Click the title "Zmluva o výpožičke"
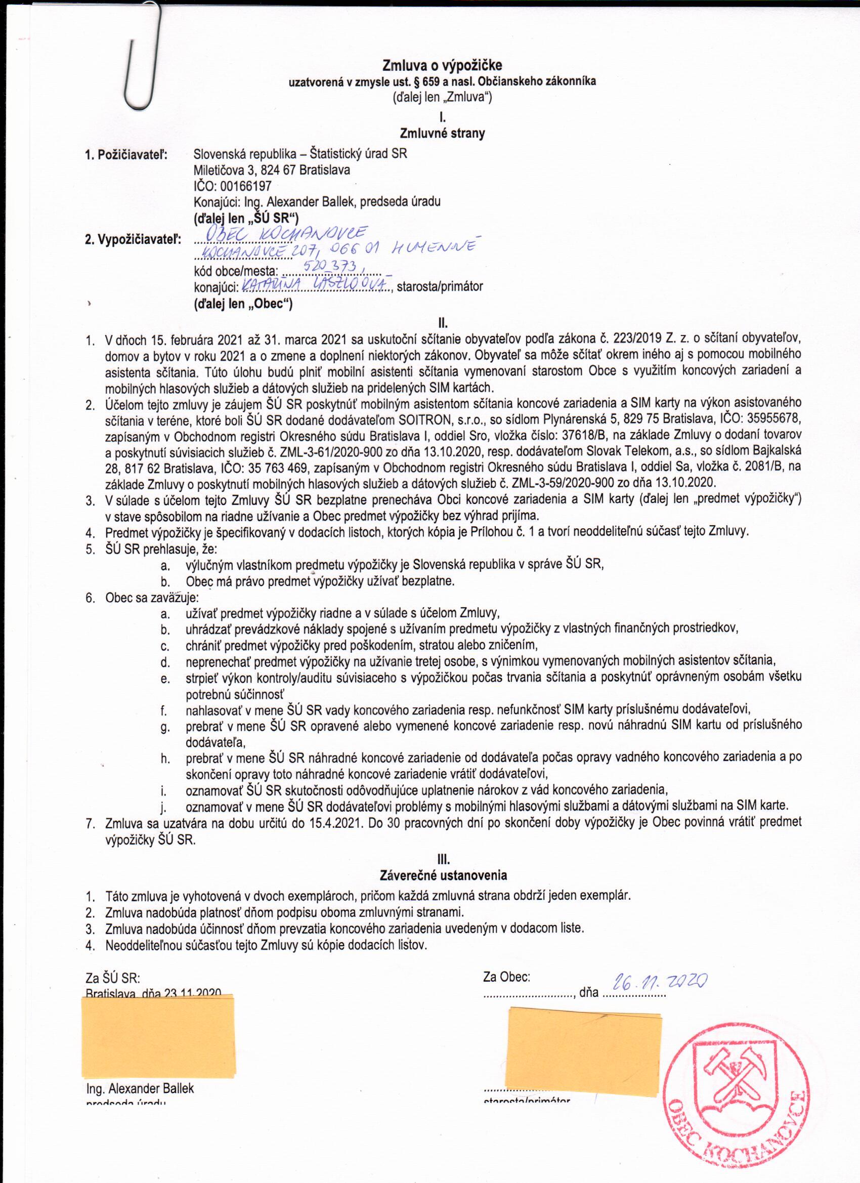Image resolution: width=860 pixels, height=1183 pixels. click(442, 65)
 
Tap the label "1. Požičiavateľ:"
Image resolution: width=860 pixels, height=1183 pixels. click(126, 155)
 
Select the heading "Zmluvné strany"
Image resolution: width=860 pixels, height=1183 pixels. click(442, 134)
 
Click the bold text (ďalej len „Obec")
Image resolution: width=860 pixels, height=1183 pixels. click(243, 304)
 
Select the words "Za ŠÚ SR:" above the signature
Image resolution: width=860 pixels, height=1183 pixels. click(113, 978)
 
